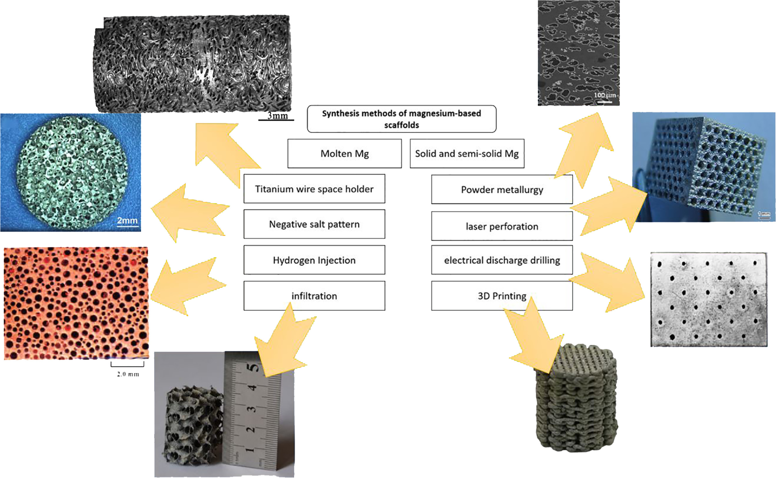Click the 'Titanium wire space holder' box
314,189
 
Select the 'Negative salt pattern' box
314,224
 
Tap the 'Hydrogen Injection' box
314,260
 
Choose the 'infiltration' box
314,296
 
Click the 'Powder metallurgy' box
502,190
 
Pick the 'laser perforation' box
502,226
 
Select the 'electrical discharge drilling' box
502,260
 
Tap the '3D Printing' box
502,296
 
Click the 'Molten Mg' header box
344,153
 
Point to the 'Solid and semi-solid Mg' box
467,153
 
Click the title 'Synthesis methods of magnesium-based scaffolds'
401,119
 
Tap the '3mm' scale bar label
278,115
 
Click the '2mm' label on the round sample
127,220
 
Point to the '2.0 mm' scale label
128,374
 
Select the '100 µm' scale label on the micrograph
605,96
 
